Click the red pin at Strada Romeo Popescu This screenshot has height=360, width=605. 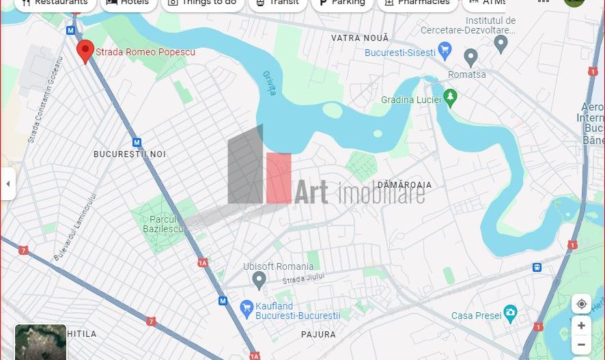coord(85,51)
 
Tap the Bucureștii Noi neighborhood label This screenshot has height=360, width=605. coord(130,154)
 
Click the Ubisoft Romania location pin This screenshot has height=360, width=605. coord(259,279)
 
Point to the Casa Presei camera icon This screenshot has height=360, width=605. coord(510,314)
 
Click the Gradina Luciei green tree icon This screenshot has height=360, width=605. coord(449,98)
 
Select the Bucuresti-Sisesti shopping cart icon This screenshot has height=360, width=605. coord(445,50)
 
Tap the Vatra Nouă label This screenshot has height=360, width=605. coord(360,38)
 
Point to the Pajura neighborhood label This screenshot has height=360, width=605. coord(318,335)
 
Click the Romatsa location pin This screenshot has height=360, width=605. coord(470,58)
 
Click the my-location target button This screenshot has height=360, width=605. coord(581,304)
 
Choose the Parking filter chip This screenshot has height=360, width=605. coord(341,3)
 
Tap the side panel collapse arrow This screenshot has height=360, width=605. coord(8,184)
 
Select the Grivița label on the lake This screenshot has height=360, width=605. coord(270,83)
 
